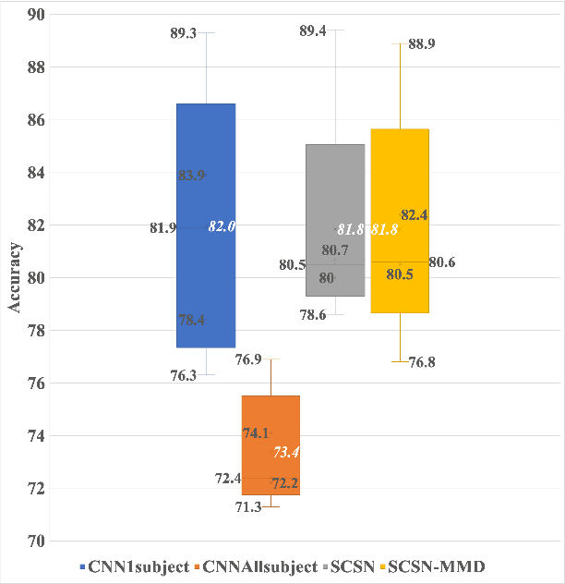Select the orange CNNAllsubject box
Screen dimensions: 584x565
point(270,416)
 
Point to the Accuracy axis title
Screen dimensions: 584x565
point(15,277)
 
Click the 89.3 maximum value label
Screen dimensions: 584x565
point(185,33)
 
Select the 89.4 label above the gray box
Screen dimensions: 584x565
point(314,32)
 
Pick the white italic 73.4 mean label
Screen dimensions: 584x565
point(286,452)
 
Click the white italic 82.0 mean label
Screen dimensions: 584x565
point(222,226)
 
